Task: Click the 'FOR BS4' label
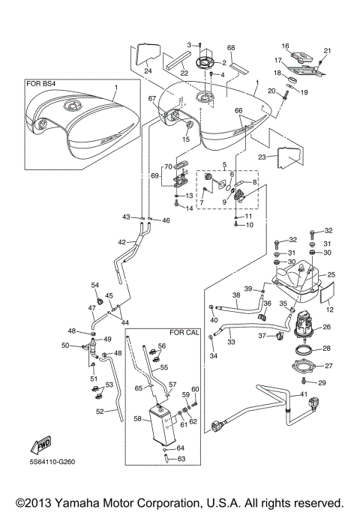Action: tap(43, 85)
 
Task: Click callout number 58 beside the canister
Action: tap(137, 420)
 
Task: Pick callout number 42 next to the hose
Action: tap(122, 242)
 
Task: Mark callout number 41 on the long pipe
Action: tap(303, 394)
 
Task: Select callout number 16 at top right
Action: tap(285, 46)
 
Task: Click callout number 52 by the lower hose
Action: tap(100, 411)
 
